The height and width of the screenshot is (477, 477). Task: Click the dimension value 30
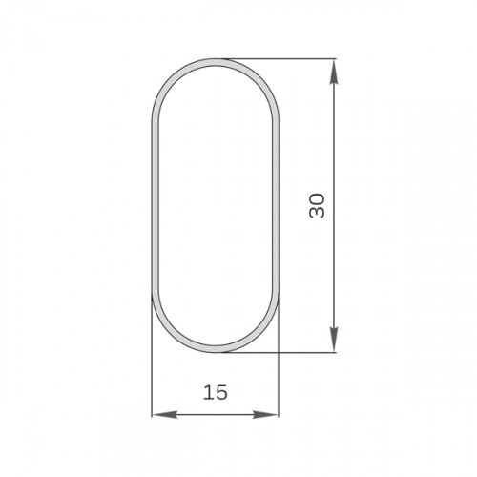(318, 205)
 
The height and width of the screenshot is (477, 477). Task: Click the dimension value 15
(215, 392)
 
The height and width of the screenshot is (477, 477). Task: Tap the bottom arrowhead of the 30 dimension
(334, 342)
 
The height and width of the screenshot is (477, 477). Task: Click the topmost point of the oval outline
(215, 60)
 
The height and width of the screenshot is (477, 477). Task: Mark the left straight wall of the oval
(153, 205)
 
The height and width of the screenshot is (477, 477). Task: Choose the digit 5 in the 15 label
(221, 392)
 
